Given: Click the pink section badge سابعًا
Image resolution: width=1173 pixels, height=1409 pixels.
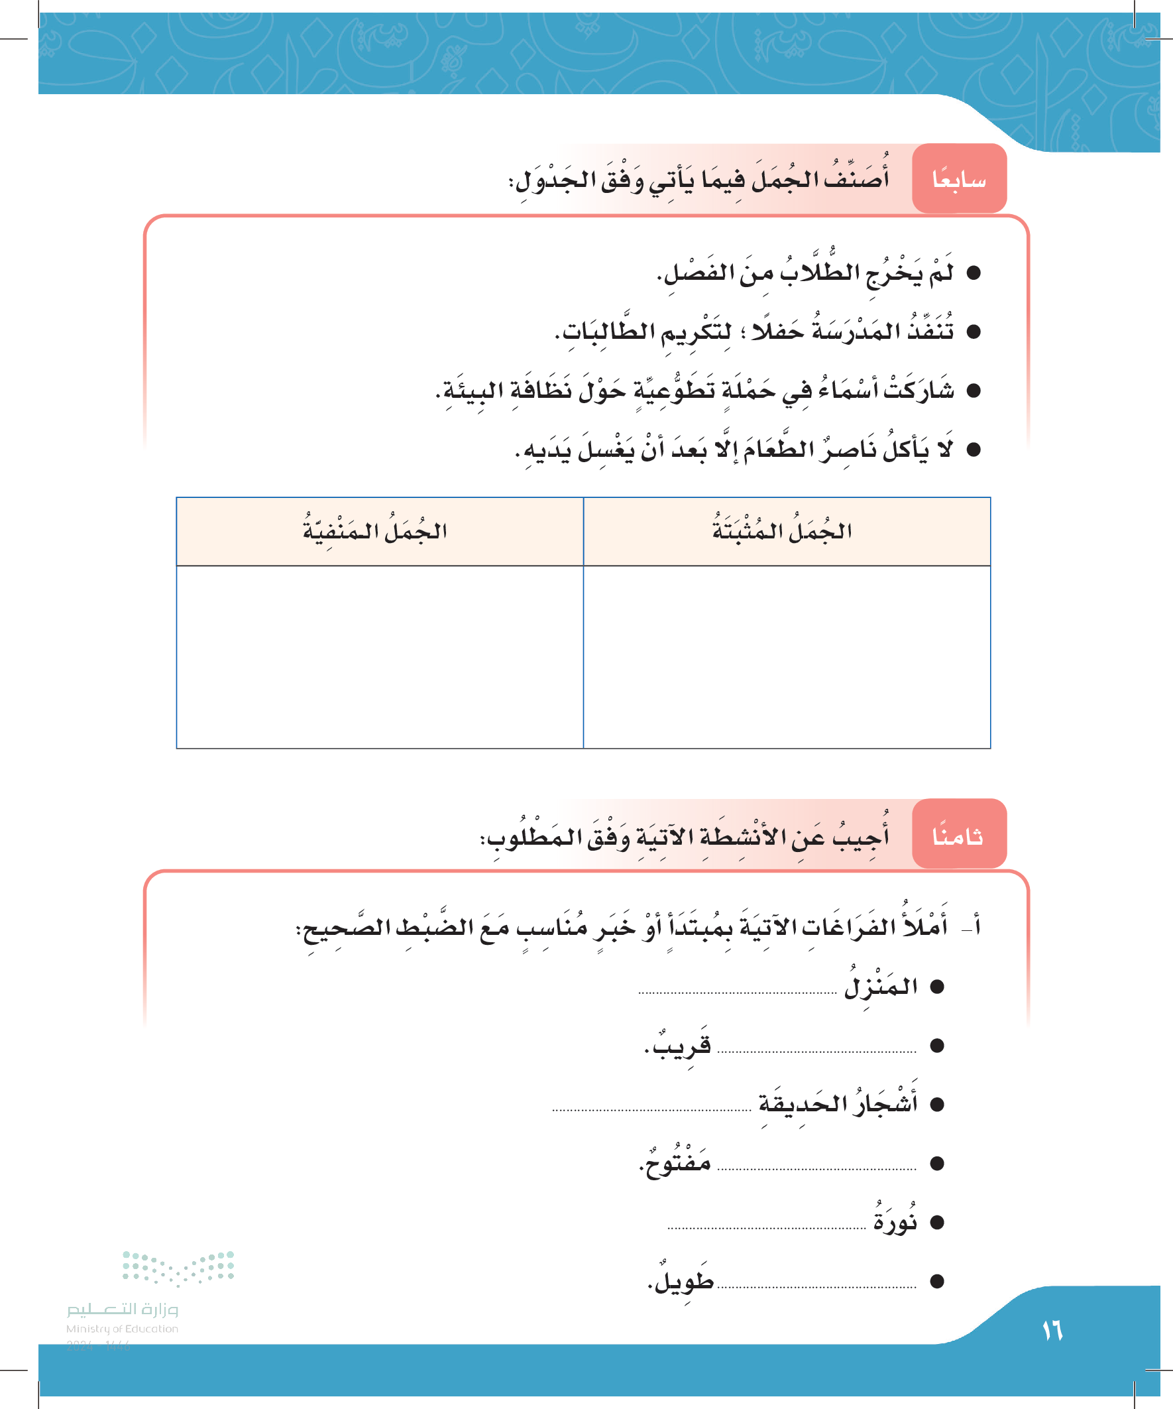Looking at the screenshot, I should pos(959,179).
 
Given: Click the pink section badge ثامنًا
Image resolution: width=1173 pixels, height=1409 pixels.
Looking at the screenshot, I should pos(959,835).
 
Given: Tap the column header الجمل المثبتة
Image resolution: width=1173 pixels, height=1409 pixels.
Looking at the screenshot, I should pos(782,531).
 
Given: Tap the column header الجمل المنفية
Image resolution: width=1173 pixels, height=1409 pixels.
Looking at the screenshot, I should pos(375,531).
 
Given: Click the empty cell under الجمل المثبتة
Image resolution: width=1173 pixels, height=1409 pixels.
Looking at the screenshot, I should pos(787,656).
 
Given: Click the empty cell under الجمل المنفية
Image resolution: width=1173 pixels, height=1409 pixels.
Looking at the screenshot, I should pos(380,656).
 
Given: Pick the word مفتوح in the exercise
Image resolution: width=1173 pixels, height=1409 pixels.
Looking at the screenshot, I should pos(676,1163).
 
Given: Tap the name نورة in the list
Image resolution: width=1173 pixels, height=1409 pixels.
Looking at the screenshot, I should pos(895,1222).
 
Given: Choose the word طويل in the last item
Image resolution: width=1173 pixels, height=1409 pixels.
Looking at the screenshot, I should pos(682,1281).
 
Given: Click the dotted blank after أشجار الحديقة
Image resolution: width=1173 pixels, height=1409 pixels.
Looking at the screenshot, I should pos(651,1110).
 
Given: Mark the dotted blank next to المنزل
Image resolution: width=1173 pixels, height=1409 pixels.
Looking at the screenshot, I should pos(737,993).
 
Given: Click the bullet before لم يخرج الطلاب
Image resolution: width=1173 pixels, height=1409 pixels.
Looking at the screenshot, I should pos(973,273).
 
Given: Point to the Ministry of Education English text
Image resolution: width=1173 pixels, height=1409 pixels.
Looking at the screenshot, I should pos(122,1329).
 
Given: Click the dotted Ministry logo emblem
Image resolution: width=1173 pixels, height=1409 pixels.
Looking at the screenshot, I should pos(178,1268).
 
